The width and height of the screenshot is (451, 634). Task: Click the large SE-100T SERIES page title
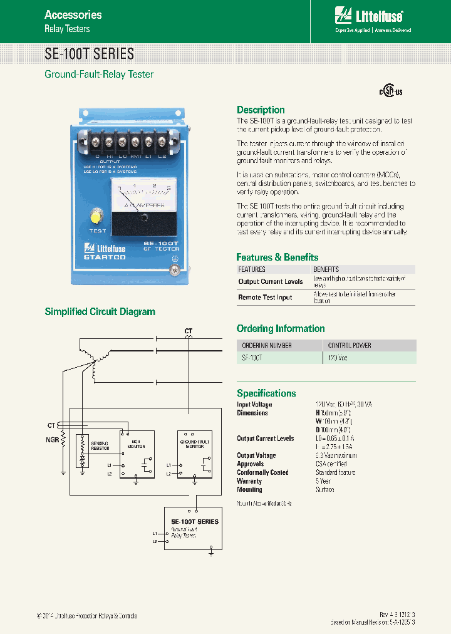(x=89, y=53)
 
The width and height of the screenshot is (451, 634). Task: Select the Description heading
(x=261, y=110)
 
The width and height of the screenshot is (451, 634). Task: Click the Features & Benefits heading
(x=277, y=257)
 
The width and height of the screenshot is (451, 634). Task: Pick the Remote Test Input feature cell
(x=265, y=298)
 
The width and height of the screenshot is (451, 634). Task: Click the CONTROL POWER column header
(x=350, y=345)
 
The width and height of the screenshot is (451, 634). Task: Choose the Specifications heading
(x=266, y=393)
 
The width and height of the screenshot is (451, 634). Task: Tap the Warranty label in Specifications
(x=249, y=481)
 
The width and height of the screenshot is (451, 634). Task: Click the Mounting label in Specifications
(x=249, y=489)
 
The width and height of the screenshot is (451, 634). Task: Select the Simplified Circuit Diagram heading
(x=100, y=311)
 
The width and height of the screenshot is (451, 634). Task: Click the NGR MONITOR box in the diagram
(x=137, y=454)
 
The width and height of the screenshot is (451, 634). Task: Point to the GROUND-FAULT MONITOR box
(x=195, y=454)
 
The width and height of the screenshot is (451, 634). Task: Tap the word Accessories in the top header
(x=73, y=14)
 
